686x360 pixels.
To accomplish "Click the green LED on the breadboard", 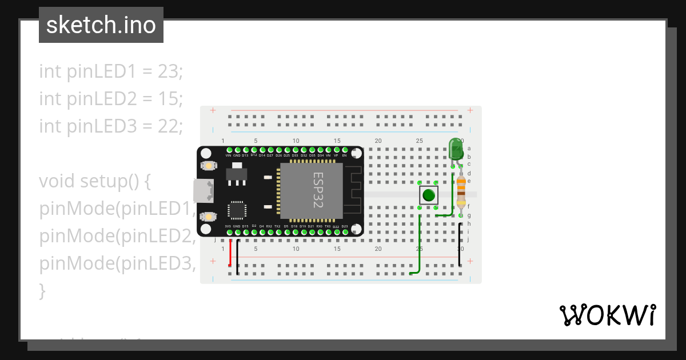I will [x=456, y=149].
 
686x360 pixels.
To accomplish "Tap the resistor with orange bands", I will [x=461, y=190].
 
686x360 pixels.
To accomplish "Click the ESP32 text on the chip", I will [x=318, y=190].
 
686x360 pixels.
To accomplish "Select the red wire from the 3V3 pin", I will [x=230, y=252].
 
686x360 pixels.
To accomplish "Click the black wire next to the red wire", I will [x=238, y=254].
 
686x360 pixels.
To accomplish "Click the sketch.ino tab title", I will [x=101, y=25].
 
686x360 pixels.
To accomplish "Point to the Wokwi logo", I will [x=607, y=315].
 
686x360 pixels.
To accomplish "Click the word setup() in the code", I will [x=114, y=181].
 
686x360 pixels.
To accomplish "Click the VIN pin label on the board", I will [x=229, y=155].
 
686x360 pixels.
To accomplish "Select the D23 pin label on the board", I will [x=345, y=227].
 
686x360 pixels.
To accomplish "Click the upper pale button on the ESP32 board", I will [x=209, y=166].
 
